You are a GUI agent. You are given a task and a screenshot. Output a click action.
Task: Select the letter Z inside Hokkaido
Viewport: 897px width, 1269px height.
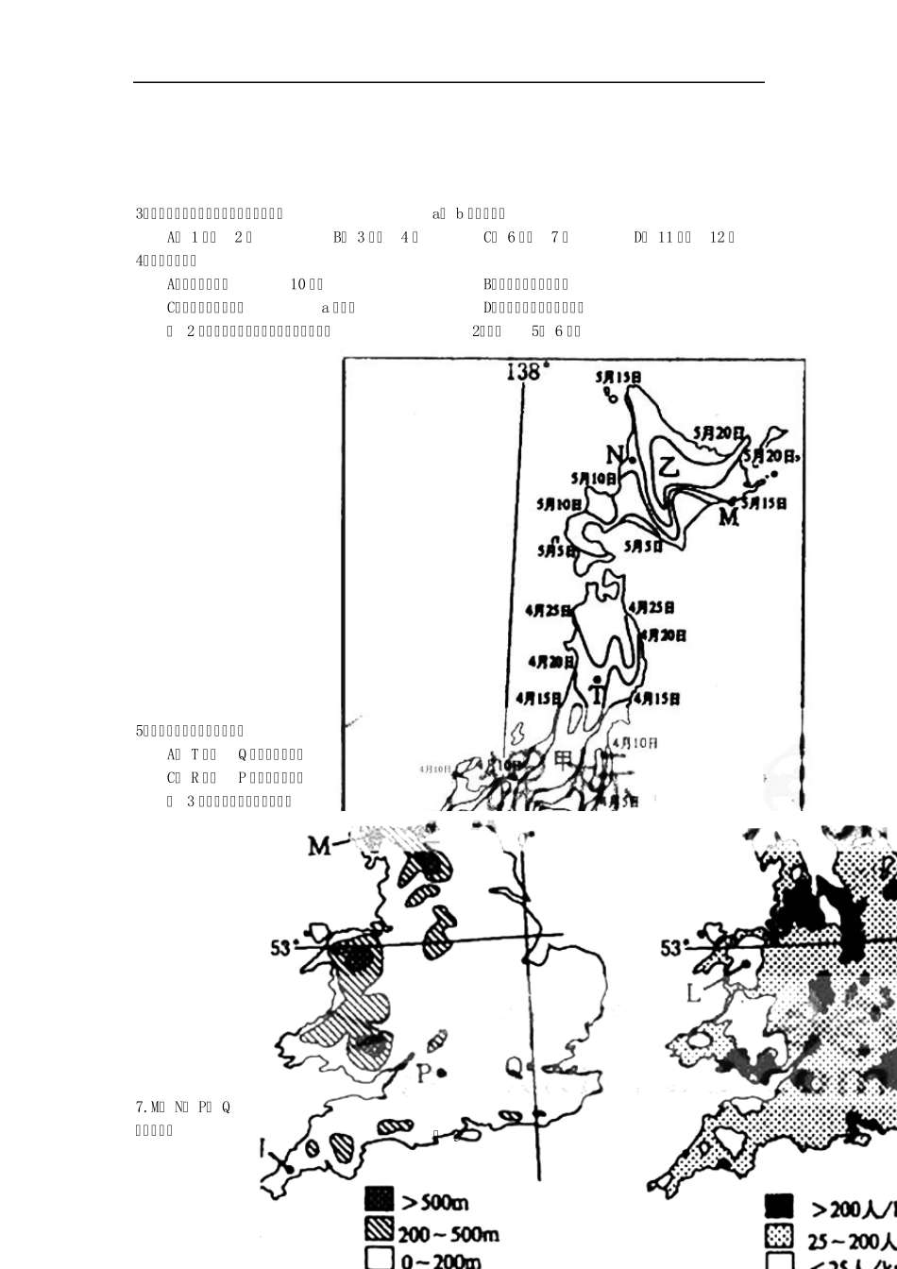tap(669, 465)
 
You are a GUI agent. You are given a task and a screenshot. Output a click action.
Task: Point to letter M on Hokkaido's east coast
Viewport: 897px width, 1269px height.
tap(728, 516)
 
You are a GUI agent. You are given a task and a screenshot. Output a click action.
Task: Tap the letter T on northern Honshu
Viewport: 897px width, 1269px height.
tap(596, 694)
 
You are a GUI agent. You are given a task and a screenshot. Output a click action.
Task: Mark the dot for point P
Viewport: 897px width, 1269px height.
tap(442, 1073)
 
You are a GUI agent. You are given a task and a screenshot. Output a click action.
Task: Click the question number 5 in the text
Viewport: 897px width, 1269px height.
tap(140, 731)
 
